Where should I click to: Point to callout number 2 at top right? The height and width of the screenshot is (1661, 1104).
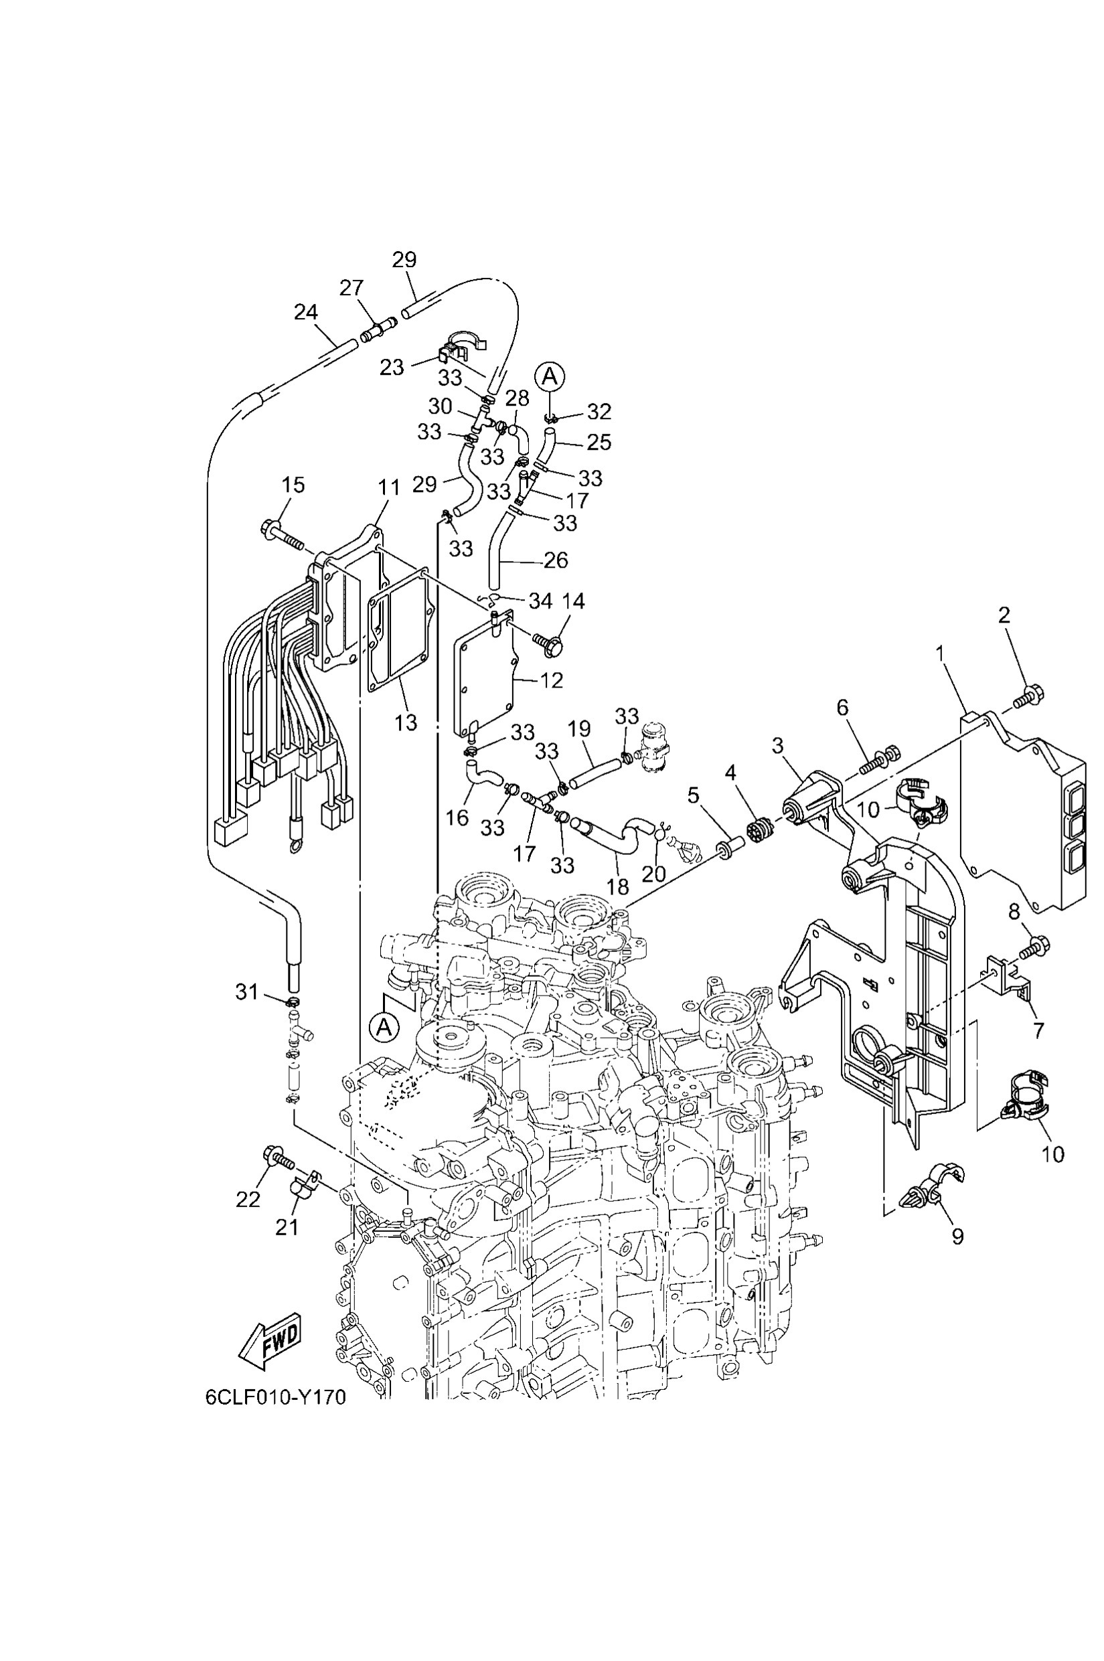point(1004,615)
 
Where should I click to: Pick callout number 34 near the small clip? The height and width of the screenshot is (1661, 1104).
point(541,601)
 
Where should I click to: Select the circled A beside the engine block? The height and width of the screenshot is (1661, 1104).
point(384,1026)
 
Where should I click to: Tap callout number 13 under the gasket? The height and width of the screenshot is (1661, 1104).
point(406,722)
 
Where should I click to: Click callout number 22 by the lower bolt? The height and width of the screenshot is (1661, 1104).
point(248,1199)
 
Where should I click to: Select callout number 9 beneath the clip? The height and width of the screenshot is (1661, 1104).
point(957,1237)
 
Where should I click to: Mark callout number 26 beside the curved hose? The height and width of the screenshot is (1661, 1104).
point(556,560)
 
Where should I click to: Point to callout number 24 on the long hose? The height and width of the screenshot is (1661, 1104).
point(305,312)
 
